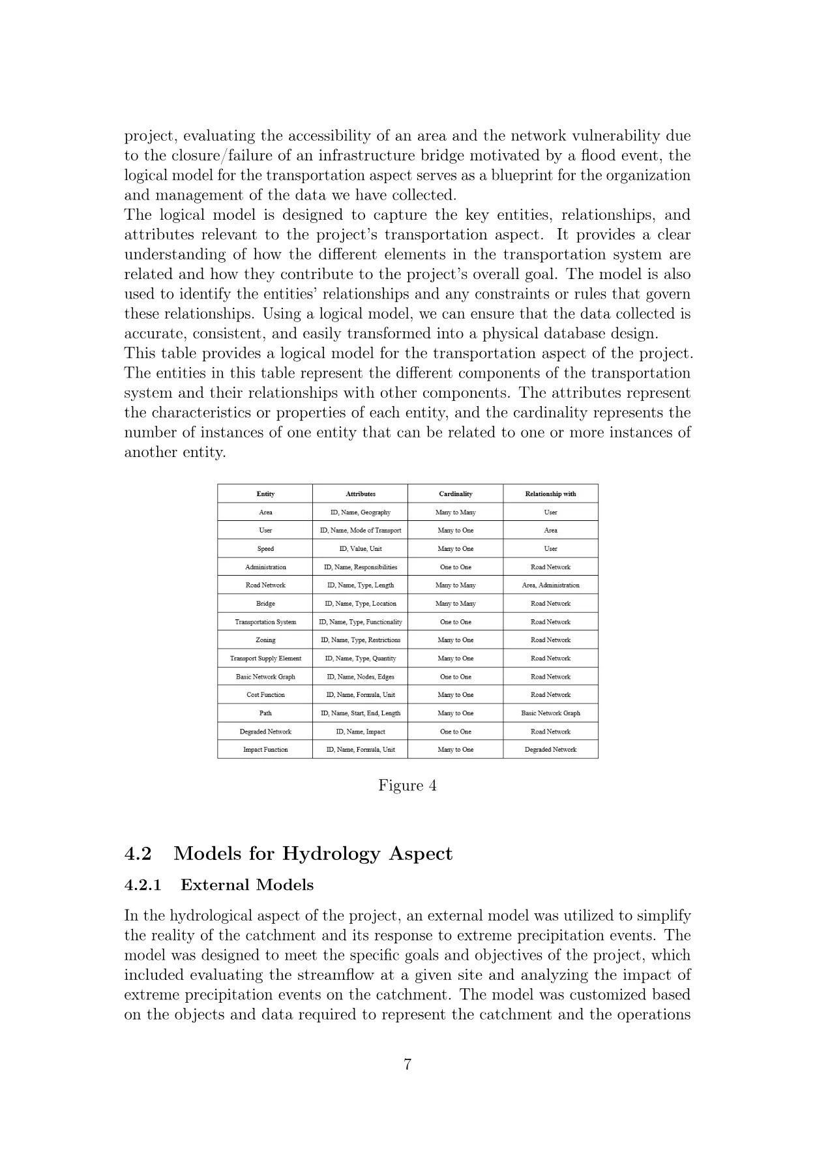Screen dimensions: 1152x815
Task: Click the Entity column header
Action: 265,494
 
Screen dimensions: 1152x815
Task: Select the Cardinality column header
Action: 455,494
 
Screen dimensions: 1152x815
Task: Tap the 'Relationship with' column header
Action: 550,494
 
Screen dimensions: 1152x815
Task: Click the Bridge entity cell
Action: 265,603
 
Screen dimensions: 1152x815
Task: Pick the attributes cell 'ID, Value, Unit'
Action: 361,548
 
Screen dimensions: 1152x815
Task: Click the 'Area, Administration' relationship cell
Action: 550,585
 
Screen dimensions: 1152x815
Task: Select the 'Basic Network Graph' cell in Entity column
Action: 265,676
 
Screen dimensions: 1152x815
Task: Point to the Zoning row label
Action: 265,640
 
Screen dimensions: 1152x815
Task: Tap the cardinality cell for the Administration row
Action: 455,567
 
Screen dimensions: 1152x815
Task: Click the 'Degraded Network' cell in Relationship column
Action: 550,749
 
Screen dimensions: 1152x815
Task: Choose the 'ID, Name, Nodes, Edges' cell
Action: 361,676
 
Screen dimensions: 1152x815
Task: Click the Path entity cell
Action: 265,713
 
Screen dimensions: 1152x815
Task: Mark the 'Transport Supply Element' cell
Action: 265,658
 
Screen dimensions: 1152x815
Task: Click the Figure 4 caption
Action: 407,785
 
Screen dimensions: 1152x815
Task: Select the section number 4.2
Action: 138,853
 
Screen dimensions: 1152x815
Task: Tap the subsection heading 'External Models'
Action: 246,885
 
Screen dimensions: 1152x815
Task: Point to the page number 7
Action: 407,1065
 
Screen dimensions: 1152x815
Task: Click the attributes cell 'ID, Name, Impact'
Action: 361,731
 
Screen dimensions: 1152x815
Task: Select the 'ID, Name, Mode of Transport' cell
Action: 361,530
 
